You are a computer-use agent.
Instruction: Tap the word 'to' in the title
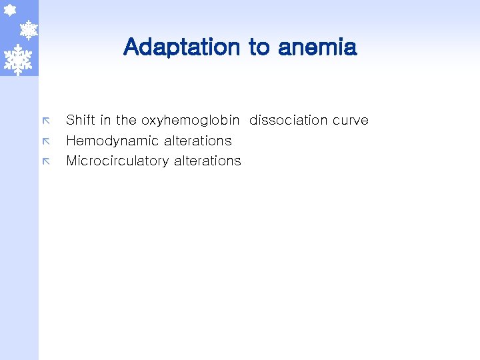coord(259,47)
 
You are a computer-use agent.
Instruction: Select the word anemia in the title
coord(317,47)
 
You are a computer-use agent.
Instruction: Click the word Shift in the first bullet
coord(80,120)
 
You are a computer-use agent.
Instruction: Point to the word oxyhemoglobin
coord(190,121)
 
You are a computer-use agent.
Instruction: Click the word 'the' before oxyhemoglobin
coord(126,120)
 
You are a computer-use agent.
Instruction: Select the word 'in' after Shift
coord(105,120)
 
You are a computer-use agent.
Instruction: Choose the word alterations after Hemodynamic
coord(198,141)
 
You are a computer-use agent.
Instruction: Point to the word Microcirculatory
coord(117,161)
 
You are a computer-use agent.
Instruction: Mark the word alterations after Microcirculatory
coord(207,161)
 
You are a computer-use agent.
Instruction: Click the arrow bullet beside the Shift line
coord(47,121)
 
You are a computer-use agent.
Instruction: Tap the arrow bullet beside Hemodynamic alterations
coord(47,141)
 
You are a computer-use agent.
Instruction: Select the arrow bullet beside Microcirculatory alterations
coord(47,161)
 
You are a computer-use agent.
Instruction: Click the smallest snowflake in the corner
coord(10,10)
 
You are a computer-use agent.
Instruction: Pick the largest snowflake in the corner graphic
coord(18,59)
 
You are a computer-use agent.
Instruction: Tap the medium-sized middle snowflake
coord(28,29)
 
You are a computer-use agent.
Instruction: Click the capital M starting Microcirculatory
coord(71,161)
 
